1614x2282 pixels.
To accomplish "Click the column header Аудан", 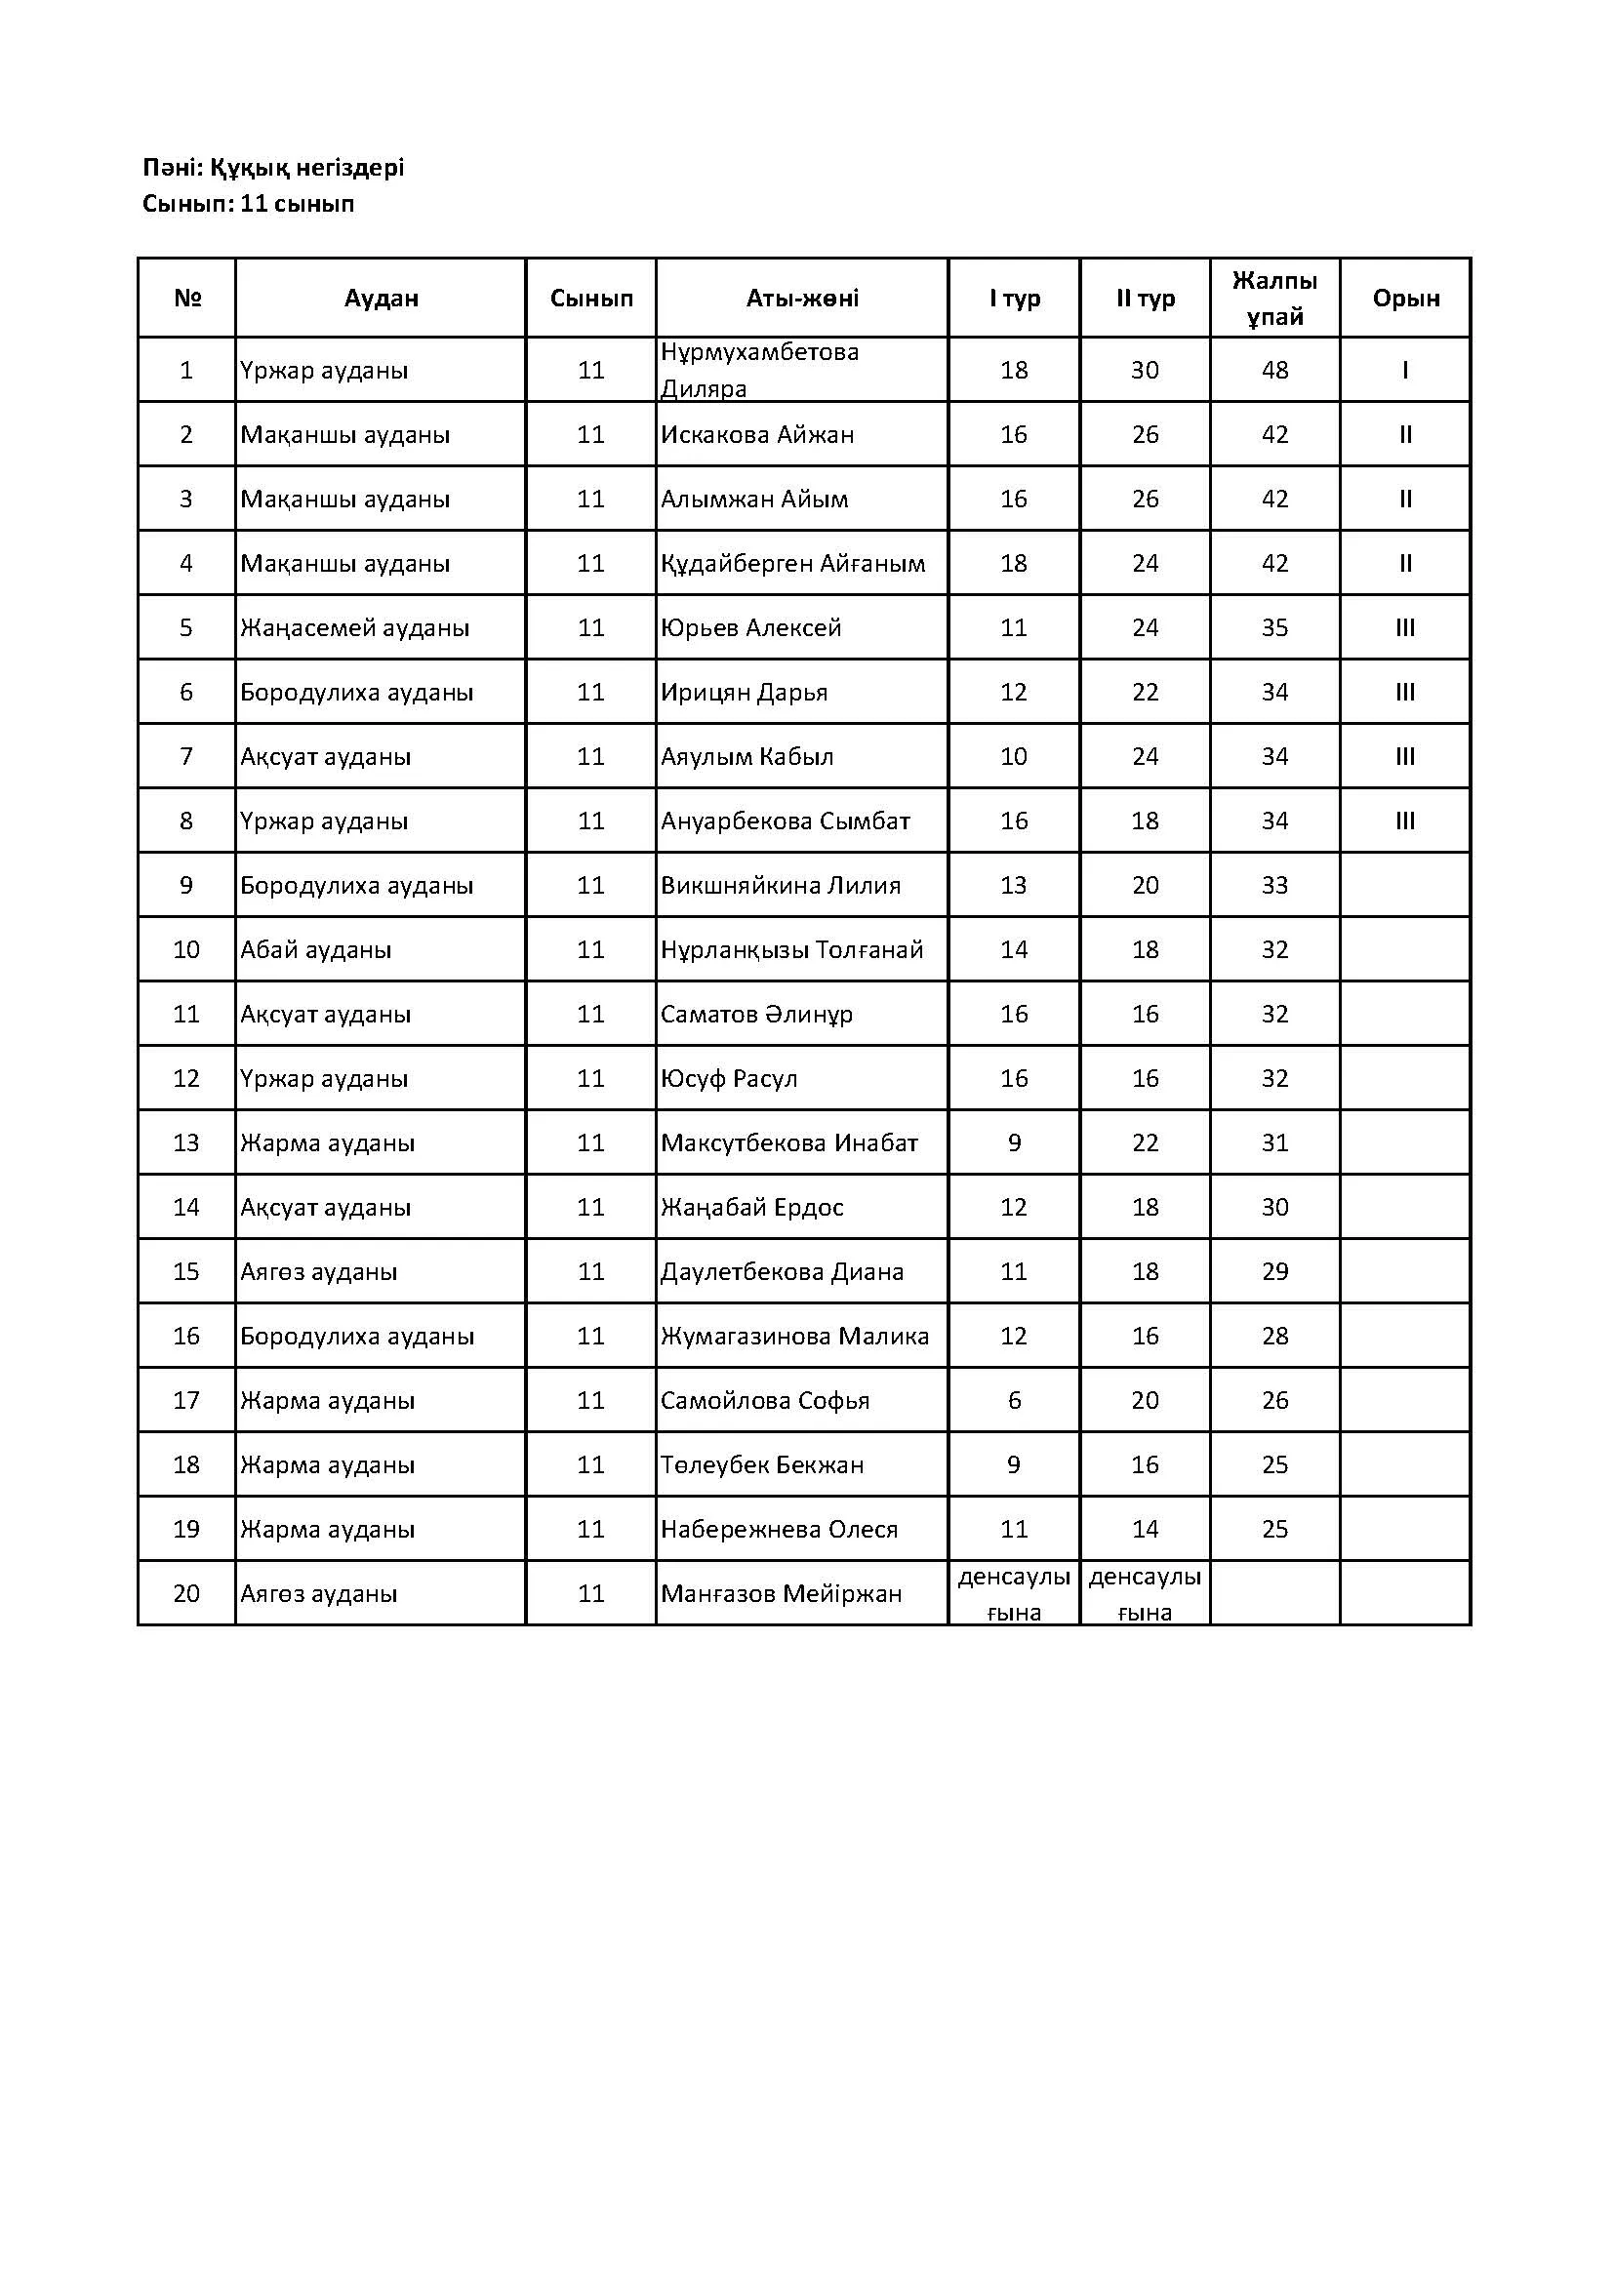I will [381, 299].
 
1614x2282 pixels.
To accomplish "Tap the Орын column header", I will [1405, 299].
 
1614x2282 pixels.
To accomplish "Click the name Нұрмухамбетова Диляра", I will [759, 370].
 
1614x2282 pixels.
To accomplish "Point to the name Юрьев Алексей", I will [750, 628].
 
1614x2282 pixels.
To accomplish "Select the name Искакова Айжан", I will [757, 434].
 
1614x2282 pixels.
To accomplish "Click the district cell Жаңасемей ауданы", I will [355, 628].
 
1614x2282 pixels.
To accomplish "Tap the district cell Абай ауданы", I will [316, 950].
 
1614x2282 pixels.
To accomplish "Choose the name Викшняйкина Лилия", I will [781, 886].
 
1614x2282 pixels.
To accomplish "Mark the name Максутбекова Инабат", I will [789, 1143].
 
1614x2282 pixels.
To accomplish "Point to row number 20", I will [185, 1594].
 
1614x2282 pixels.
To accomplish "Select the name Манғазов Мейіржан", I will [782, 1594].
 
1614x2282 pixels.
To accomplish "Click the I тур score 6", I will [1014, 1400].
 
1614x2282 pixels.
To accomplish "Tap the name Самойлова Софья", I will [765, 1400].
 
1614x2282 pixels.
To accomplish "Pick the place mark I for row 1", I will [1405, 370].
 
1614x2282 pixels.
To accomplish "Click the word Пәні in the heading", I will [171, 168].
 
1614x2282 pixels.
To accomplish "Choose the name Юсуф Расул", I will [729, 1078].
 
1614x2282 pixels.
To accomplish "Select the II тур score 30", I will [1145, 370].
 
